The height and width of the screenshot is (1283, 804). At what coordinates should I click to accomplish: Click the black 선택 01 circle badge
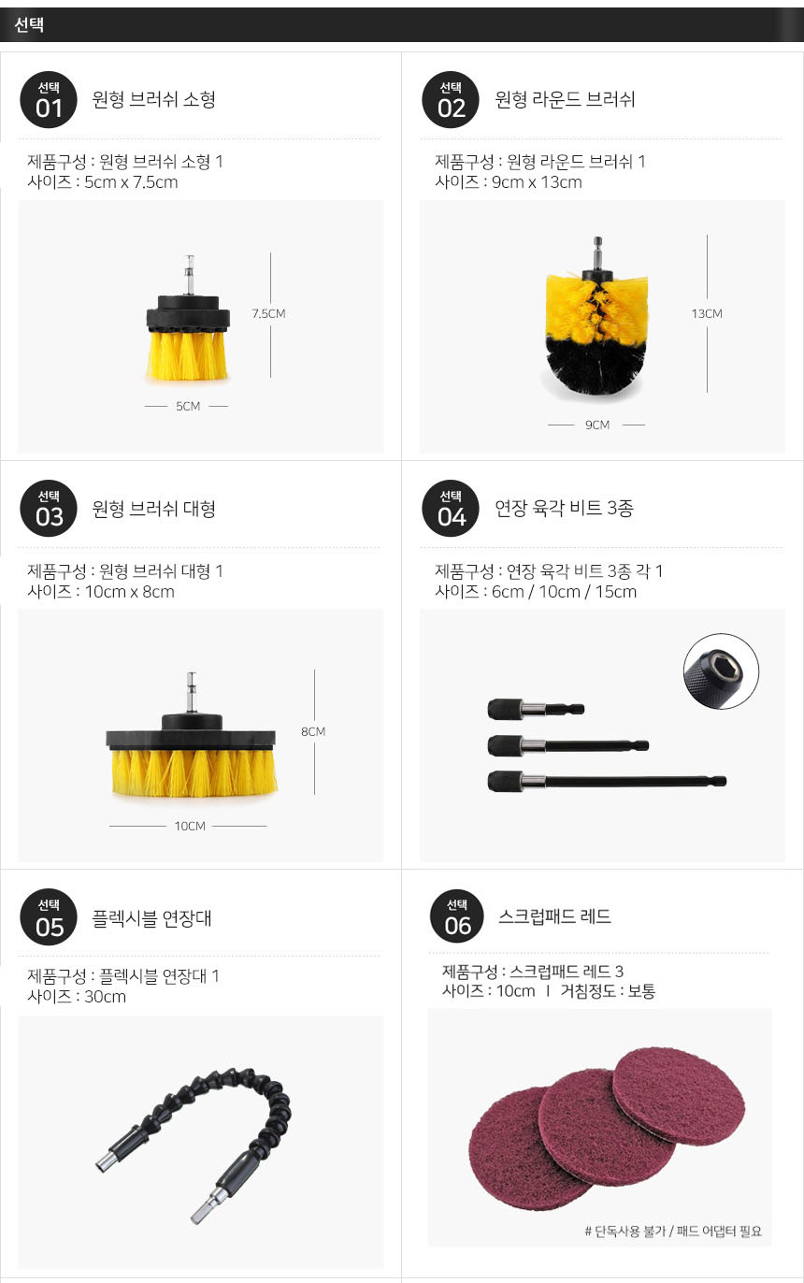coord(49,100)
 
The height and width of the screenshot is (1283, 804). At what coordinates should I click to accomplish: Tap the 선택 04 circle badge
coord(451,508)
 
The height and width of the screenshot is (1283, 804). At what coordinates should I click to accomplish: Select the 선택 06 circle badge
coord(457,916)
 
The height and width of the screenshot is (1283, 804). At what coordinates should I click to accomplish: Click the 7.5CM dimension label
coord(268,313)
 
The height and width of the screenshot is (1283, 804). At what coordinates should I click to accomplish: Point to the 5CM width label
coord(188,406)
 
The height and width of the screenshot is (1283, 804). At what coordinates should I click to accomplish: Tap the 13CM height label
coord(707,313)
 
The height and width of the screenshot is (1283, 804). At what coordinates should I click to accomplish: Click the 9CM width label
coord(596,425)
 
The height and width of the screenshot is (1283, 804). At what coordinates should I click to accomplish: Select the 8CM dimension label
coord(313,731)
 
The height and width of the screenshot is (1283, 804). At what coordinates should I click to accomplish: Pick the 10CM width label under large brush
coord(190,826)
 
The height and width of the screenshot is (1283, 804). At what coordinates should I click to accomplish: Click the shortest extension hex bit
coord(536,709)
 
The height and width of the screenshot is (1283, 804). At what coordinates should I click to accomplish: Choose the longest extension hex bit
coord(607,781)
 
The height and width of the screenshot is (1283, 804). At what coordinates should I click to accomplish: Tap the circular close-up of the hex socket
coord(721,670)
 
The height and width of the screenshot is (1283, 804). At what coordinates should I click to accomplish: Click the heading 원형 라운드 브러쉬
coord(565,99)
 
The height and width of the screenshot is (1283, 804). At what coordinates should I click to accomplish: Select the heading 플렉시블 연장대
coord(151,918)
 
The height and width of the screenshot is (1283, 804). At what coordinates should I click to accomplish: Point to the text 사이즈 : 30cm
coord(77,996)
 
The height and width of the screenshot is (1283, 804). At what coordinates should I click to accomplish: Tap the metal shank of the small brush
coord(189,276)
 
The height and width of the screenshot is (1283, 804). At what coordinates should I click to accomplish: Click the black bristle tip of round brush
coord(596,368)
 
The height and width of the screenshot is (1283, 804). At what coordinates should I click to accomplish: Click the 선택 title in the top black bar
coord(29,24)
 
